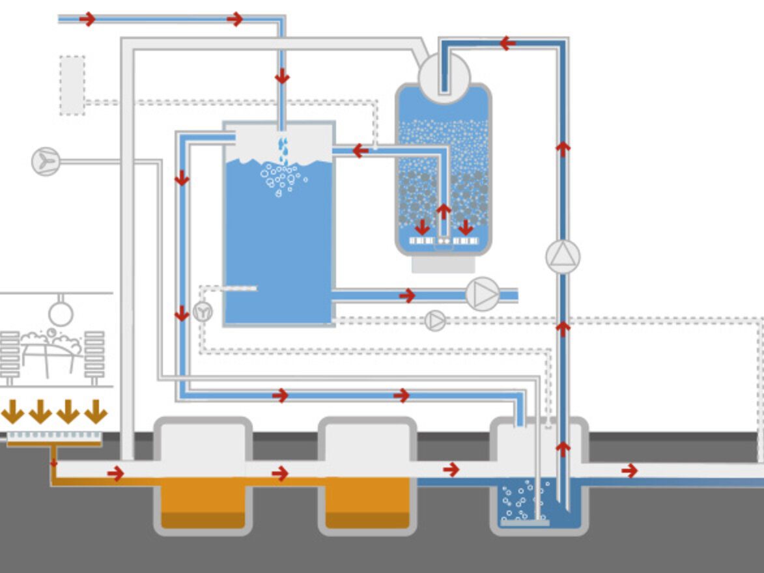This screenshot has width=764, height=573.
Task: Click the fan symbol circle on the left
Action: (x=46, y=161)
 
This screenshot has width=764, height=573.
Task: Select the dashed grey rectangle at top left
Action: (x=72, y=85)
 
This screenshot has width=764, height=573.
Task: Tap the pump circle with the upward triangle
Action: (x=563, y=257)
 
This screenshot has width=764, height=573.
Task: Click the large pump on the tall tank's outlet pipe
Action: (x=483, y=294)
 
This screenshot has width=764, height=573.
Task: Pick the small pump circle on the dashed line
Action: (x=435, y=320)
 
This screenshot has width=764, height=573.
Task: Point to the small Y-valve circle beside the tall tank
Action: (x=203, y=312)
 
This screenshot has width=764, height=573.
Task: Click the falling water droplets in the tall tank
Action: (x=283, y=150)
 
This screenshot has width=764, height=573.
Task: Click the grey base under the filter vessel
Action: (x=443, y=264)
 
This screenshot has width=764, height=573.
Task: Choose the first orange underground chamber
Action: (x=203, y=502)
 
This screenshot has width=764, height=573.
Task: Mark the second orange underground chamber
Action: (x=367, y=502)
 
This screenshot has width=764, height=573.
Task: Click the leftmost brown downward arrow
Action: (x=12, y=412)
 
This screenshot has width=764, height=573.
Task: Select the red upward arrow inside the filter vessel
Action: (x=444, y=212)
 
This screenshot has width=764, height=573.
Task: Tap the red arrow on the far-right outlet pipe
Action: (x=629, y=470)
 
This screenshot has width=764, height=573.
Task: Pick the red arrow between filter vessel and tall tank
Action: (x=360, y=151)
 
